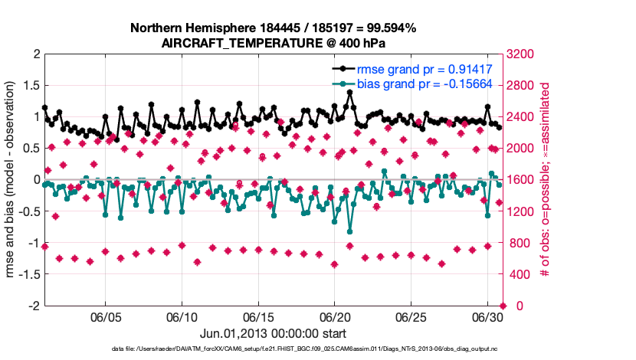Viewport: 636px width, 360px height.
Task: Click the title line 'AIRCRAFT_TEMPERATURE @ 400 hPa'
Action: click(x=273, y=43)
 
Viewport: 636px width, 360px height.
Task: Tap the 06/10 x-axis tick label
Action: click(x=182, y=316)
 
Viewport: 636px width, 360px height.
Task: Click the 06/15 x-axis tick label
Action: click(x=258, y=316)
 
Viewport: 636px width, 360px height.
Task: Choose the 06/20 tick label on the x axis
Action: click(x=335, y=316)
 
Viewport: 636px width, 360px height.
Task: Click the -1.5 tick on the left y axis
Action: click(x=28, y=274)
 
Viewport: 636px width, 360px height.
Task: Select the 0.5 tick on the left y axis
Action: click(x=31, y=149)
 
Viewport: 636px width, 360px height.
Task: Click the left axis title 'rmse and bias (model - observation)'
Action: click(x=12, y=180)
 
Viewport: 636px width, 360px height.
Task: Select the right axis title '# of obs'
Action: click(x=546, y=180)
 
